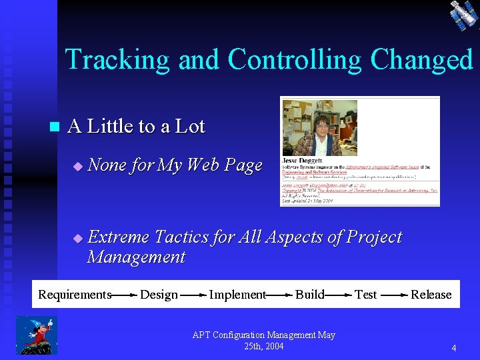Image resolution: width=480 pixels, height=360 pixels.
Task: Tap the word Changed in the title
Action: pos(421,59)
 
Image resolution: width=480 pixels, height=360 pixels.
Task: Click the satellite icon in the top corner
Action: pos(463,15)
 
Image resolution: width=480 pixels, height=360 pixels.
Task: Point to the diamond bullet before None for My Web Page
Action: pos(77,166)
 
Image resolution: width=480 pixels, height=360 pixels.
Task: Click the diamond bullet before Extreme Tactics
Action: pos(77,238)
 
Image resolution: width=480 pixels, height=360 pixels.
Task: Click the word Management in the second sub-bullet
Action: pos(135,257)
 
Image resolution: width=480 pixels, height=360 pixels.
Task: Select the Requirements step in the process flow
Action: pos(74,295)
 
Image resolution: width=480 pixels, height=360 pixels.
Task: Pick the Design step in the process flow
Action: pos(159,295)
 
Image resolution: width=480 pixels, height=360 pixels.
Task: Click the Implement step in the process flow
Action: pos(237,295)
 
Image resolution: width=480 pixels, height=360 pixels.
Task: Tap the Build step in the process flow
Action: pos(309,295)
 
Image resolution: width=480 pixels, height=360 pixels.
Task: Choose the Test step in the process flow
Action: pos(365,295)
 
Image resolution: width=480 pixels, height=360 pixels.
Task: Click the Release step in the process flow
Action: pos(431,295)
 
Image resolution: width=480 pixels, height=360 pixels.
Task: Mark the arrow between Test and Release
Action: pos(393,295)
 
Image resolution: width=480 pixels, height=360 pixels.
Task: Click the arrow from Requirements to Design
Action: pos(124,295)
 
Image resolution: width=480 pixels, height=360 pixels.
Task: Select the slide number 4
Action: pos(453,348)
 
